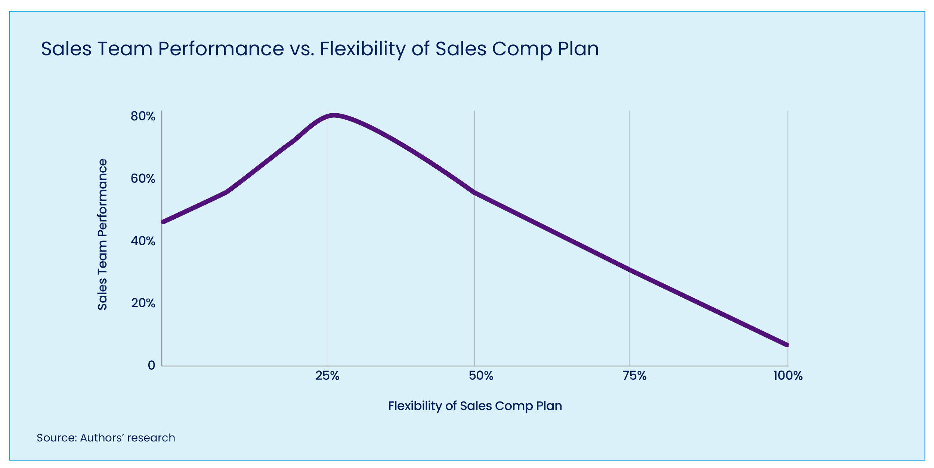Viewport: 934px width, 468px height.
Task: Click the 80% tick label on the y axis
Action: coord(143,116)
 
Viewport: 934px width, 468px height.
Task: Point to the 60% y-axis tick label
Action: coord(143,179)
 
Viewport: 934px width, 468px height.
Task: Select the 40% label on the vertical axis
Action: coord(143,241)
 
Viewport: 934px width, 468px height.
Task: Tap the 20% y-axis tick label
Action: coord(143,303)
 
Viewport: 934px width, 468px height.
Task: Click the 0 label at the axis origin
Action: coord(151,365)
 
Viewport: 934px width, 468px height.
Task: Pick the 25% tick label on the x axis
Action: coord(327,376)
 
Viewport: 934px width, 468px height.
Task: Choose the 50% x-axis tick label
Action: coord(481,376)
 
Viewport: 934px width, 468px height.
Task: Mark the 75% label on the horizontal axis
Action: coord(634,376)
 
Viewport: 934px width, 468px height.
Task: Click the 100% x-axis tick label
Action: coord(788,376)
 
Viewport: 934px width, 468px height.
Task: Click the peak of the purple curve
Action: coord(334,116)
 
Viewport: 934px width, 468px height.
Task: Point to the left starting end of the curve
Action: coord(163,222)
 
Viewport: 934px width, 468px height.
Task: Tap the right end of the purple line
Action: coord(787,345)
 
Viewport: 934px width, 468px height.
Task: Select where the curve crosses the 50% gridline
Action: coord(474,193)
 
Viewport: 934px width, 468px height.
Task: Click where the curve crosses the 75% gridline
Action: coord(629,270)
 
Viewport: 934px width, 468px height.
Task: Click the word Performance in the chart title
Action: coord(221,49)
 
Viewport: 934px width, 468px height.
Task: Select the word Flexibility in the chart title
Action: coord(362,49)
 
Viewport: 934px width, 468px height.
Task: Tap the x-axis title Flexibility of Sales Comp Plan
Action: coord(475,406)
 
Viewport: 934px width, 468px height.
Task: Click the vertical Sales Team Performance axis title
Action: coord(102,234)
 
